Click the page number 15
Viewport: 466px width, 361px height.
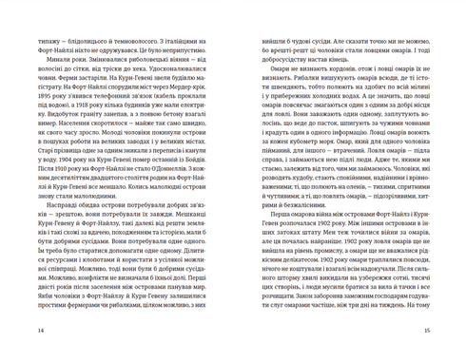429,330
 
